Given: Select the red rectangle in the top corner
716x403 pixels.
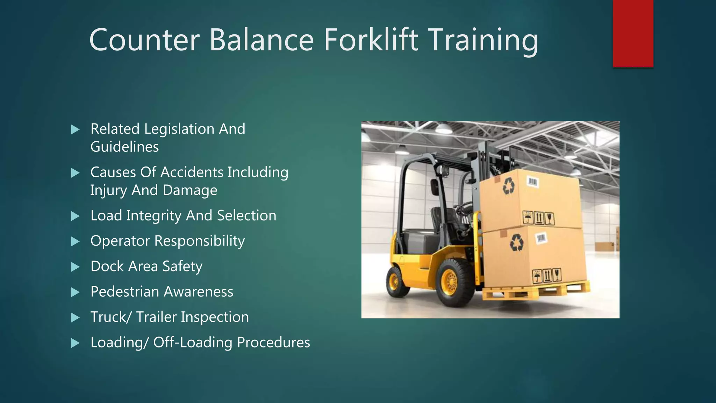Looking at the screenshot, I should point(633,33).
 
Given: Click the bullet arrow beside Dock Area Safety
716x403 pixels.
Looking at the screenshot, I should point(75,267).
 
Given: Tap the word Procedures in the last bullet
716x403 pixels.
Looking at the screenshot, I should point(273,342).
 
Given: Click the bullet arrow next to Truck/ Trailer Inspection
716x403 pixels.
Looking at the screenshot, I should point(75,318).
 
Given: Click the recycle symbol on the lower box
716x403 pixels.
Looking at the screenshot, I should point(516,242).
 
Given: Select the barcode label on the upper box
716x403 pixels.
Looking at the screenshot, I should point(532,182).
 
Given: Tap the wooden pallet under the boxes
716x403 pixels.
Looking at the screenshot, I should point(535,290).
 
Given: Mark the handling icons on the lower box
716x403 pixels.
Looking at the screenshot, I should point(547,276).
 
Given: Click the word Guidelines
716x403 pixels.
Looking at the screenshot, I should point(124,147).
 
